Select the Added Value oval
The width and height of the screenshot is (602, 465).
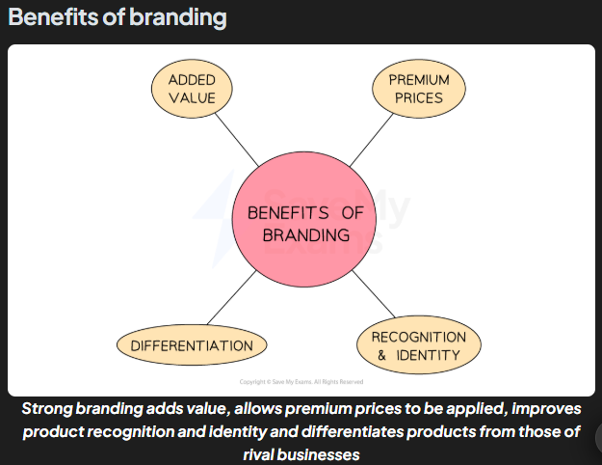tap(192, 88)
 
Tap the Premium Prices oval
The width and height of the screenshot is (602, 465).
tap(418, 88)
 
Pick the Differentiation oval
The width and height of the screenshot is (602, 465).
tap(192, 345)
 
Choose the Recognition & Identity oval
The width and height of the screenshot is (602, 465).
tap(418, 345)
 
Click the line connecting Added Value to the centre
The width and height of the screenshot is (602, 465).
tap(237, 141)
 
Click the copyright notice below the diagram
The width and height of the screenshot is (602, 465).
tap(301, 382)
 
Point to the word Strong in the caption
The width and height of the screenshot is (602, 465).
tap(47, 407)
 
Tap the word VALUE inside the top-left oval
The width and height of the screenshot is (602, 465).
tap(192, 97)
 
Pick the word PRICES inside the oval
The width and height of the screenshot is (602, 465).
tap(418, 97)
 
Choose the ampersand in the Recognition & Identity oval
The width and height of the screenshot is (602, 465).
tap(380, 355)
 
